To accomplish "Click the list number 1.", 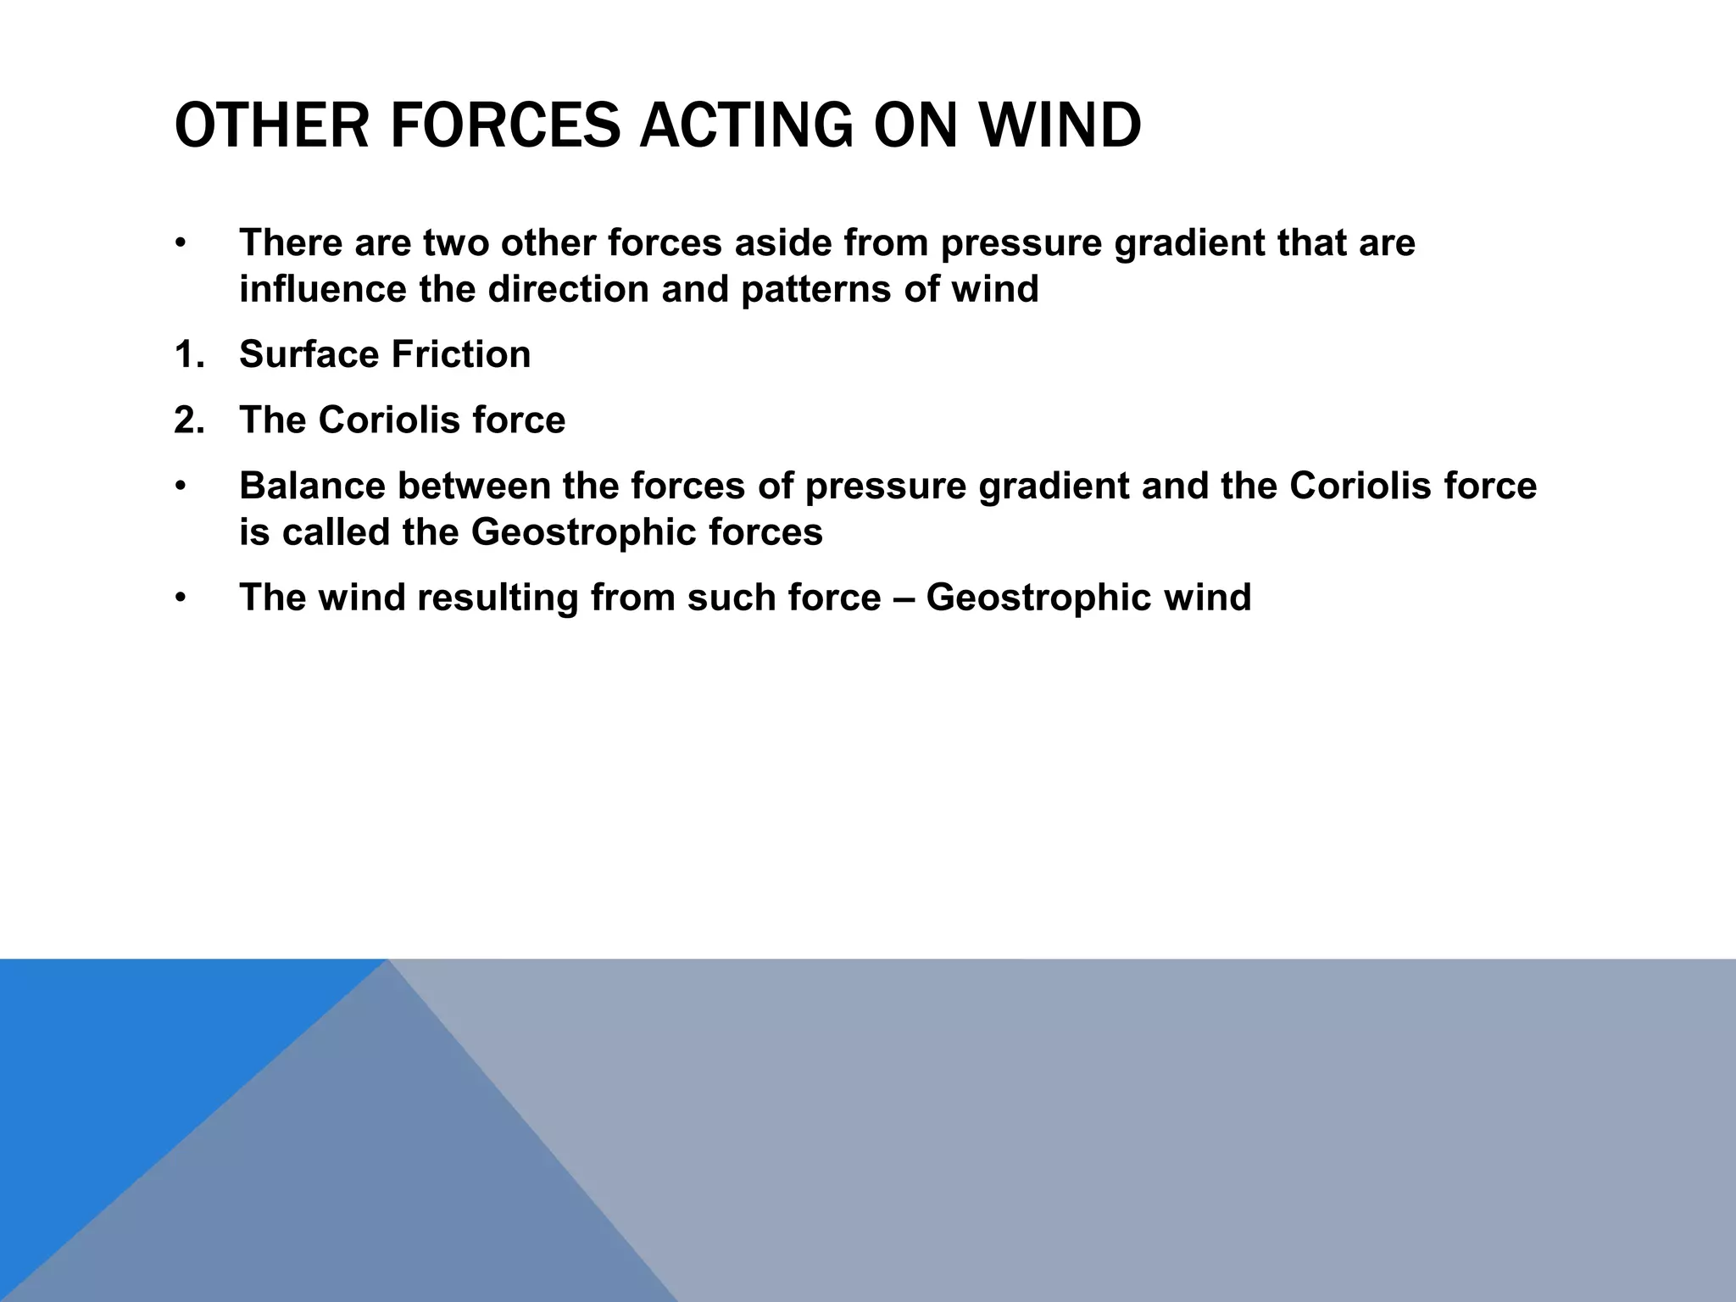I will (x=188, y=354).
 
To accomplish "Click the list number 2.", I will (x=188, y=420).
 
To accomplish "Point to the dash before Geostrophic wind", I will (x=903, y=598).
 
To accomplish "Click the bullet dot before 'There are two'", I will (x=180, y=244).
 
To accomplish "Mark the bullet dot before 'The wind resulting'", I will (x=180, y=598).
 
